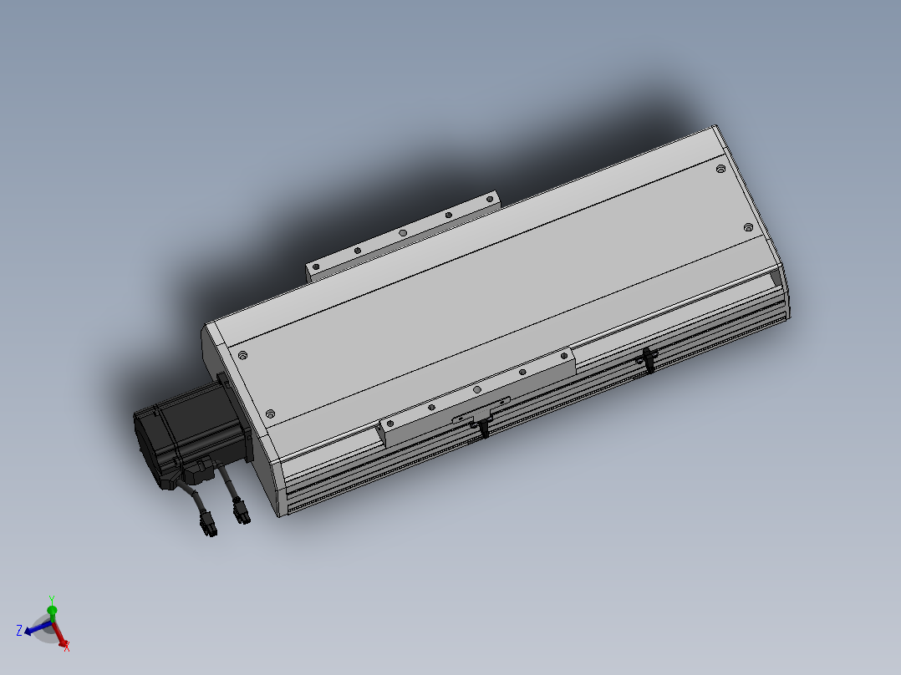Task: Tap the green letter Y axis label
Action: pyautogui.click(x=52, y=600)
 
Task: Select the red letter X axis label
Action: pyautogui.click(x=67, y=646)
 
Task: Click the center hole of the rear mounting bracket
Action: pyautogui.click(x=402, y=232)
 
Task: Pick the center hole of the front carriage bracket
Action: pyautogui.click(x=476, y=389)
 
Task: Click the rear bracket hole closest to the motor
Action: pyautogui.click(x=317, y=267)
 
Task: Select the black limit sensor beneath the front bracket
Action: pyautogui.click(x=484, y=428)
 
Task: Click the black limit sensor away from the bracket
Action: pyautogui.click(x=646, y=360)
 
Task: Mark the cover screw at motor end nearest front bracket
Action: pyautogui.click(x=270, y=414)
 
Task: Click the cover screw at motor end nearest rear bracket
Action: pyautogui.click(x=242, y=356)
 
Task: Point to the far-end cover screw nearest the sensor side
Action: pyautogui.click(x=748, y=226)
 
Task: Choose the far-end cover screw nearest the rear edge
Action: pyautogui.click(x=720, y=169)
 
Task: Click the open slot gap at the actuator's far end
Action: pyautogui.click(x=774, y=278)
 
